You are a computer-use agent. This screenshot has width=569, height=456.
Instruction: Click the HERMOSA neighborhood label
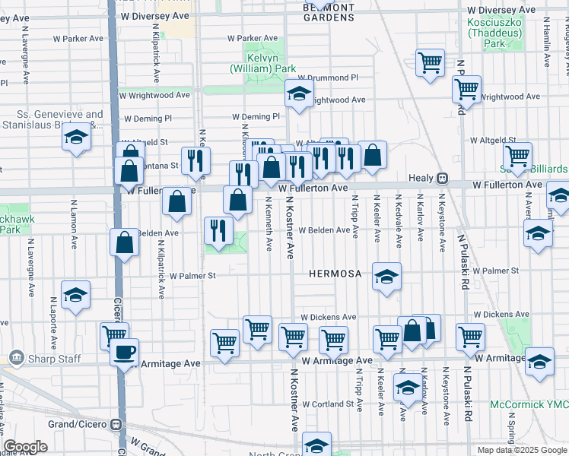click(335, 274)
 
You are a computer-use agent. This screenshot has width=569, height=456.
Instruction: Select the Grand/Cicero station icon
click(116, 425)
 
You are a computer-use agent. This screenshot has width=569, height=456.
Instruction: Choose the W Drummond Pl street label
click(327, 78)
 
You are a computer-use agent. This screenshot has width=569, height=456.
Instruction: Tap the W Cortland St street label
click(329, 404)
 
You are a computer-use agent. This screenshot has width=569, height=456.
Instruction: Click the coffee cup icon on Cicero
click(124, 353)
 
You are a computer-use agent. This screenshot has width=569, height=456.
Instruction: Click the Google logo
click(26, 447)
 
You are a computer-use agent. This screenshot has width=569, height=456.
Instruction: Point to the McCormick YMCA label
click(529, 404)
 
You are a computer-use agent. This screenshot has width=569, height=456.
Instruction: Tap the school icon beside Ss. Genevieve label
click(76, 138)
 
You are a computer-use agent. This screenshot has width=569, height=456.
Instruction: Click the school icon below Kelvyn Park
click(299, 94)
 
